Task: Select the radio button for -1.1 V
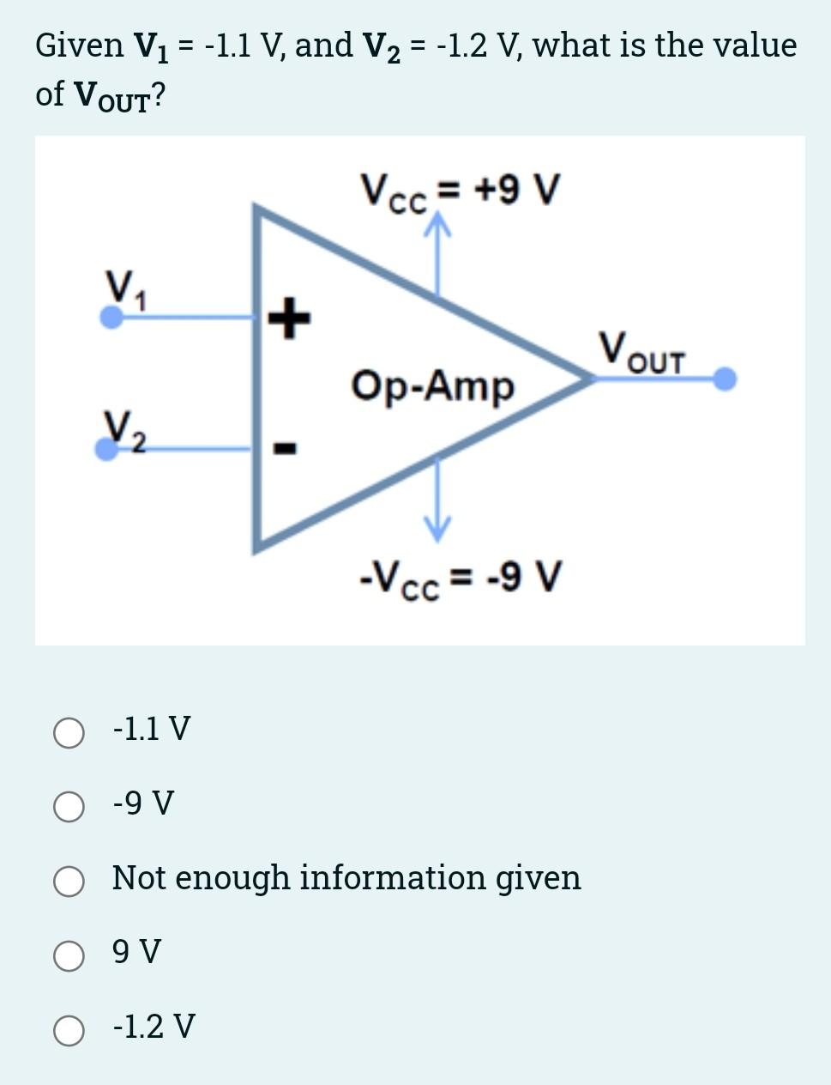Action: [x=69, y=733]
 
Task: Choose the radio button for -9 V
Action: [x=69, y=807]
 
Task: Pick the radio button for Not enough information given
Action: [x=69, y=882]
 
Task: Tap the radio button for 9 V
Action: [x=69, y=955]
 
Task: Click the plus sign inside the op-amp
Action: [x=289, y=318]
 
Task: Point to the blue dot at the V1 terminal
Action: [x=111, y=317]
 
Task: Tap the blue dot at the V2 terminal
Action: [x=106, y=449]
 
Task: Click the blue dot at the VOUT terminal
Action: [x=726, y=379]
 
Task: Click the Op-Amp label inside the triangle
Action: [x=432, y=385]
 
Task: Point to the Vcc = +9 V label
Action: [x=460, y=191]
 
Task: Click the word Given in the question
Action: [x=80, y=45]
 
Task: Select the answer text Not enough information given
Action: [x=346, y=878]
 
